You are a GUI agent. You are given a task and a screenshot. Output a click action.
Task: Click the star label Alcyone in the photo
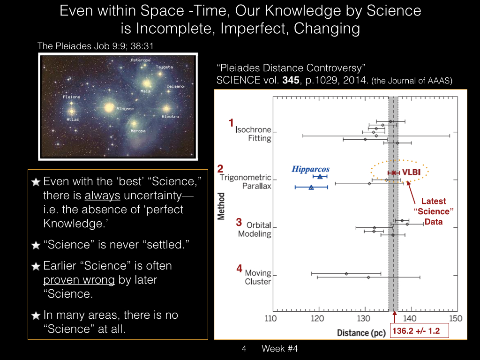(x=125, y=109)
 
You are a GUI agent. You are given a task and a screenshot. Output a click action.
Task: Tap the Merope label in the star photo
(x=138, y=131)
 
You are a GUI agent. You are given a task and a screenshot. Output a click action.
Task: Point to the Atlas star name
(x=73, y=120)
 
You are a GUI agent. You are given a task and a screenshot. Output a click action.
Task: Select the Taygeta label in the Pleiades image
(x=165, y=67)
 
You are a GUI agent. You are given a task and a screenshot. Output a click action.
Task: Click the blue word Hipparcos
(x=310, y=169)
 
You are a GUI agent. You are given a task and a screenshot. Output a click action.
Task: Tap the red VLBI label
(x=411, y=172)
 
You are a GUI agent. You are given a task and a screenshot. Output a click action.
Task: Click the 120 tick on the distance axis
(x=317, y=319)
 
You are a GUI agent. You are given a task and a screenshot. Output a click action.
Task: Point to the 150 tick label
(x=456, y=319)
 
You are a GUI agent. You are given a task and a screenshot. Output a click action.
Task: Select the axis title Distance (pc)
(x=361, y=333)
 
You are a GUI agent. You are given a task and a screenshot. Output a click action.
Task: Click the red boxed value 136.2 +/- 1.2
(x=416, y=331)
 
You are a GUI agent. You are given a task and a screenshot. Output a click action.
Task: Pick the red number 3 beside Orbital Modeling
(x=239, y=222)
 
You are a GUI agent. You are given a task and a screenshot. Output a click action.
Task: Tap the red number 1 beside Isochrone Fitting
(x=232, y=123)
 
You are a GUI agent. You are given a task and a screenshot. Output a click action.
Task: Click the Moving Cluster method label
(x=258, y=277)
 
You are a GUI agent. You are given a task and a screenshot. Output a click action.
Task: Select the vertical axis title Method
(x=221, y=206)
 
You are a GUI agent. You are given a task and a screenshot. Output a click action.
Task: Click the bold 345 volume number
(x=291, y=80)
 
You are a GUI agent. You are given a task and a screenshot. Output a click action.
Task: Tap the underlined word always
(x=102, y=195)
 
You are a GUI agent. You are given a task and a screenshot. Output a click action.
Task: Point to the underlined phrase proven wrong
(x=79, y=280)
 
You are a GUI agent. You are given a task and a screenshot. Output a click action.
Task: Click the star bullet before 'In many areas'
(x=36, y=315)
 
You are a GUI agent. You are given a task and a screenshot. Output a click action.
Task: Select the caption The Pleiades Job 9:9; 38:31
(x=96, y=46)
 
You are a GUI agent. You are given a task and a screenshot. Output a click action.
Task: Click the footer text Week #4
(x=279, y=349)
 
